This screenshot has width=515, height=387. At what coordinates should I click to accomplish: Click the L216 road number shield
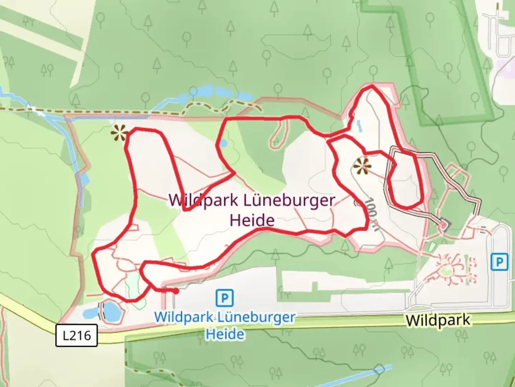(x=77, y=335)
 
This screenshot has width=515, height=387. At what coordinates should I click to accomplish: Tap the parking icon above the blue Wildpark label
(x=225, y=297)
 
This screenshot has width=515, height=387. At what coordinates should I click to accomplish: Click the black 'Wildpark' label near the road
(x=438, y=320)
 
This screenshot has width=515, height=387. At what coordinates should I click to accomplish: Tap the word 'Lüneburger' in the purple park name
(x=289, y=200)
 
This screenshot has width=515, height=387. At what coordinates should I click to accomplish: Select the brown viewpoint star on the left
(x=119, y=134)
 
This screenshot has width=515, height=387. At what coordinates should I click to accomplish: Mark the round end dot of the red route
(x=176, y=291)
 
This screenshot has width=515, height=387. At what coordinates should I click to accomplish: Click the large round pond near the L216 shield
(x=111, y=311)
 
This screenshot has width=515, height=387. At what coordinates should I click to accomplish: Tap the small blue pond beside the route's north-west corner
(x=222, y=143)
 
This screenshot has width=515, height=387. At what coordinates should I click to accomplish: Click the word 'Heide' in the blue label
(x=225, y=334)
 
